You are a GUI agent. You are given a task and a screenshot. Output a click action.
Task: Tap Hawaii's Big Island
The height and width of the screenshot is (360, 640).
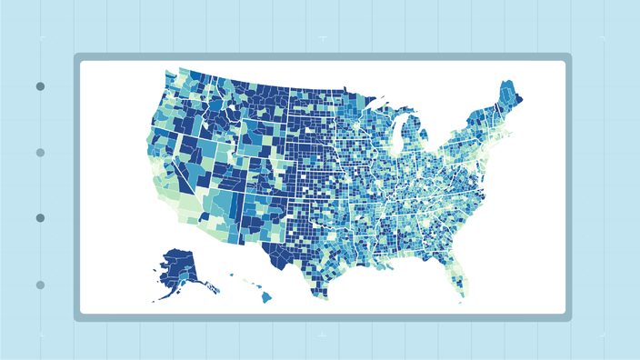click(266, 295)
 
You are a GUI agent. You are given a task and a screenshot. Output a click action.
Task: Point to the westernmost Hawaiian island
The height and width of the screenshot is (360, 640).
click(231, 275)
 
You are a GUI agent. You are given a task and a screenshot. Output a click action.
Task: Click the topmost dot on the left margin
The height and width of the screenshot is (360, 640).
click(40, 86)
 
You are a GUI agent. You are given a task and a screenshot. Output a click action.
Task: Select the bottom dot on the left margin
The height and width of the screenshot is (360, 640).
click(40, 285)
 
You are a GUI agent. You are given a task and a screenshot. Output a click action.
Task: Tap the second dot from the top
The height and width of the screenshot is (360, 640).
click(40, 153)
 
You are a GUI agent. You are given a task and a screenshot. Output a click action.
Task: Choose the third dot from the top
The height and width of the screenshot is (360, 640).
click(40, 218)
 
